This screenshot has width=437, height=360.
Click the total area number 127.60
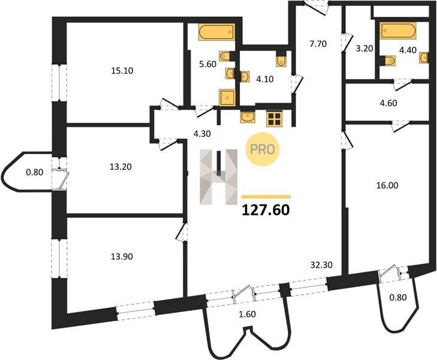(x=266, y=210)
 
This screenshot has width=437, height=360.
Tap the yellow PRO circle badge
(x=262, y=149)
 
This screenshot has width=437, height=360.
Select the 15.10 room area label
(x=122, y=71)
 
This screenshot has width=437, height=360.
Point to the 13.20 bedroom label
(x=120, y=167)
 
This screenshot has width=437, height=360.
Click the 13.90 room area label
(x=122, y=256)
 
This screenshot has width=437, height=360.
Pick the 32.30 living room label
(x=322, y=265)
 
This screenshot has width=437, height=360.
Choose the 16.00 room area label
(x=387, y=185)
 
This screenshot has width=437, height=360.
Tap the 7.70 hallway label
(x=318, y=44)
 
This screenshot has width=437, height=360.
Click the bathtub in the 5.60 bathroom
(x=216, y=32)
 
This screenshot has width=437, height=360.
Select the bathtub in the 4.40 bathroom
(x=399, y=30)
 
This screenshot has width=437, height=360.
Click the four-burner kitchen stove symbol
(x=275, y=119)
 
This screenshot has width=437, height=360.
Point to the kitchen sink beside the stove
(x=248, y=117)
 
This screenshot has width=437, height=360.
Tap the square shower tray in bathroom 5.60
(x=227, y=98)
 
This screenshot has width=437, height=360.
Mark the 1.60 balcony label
(x=247, y=314)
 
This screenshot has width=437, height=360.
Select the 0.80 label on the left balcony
(x=35, y=172)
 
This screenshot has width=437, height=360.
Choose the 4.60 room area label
(x=388, y=103)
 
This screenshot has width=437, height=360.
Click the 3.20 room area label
(x=364, y=49)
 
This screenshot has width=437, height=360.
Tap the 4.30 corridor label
(x=202, y=134)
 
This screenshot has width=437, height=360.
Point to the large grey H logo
(x=219, y=177)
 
